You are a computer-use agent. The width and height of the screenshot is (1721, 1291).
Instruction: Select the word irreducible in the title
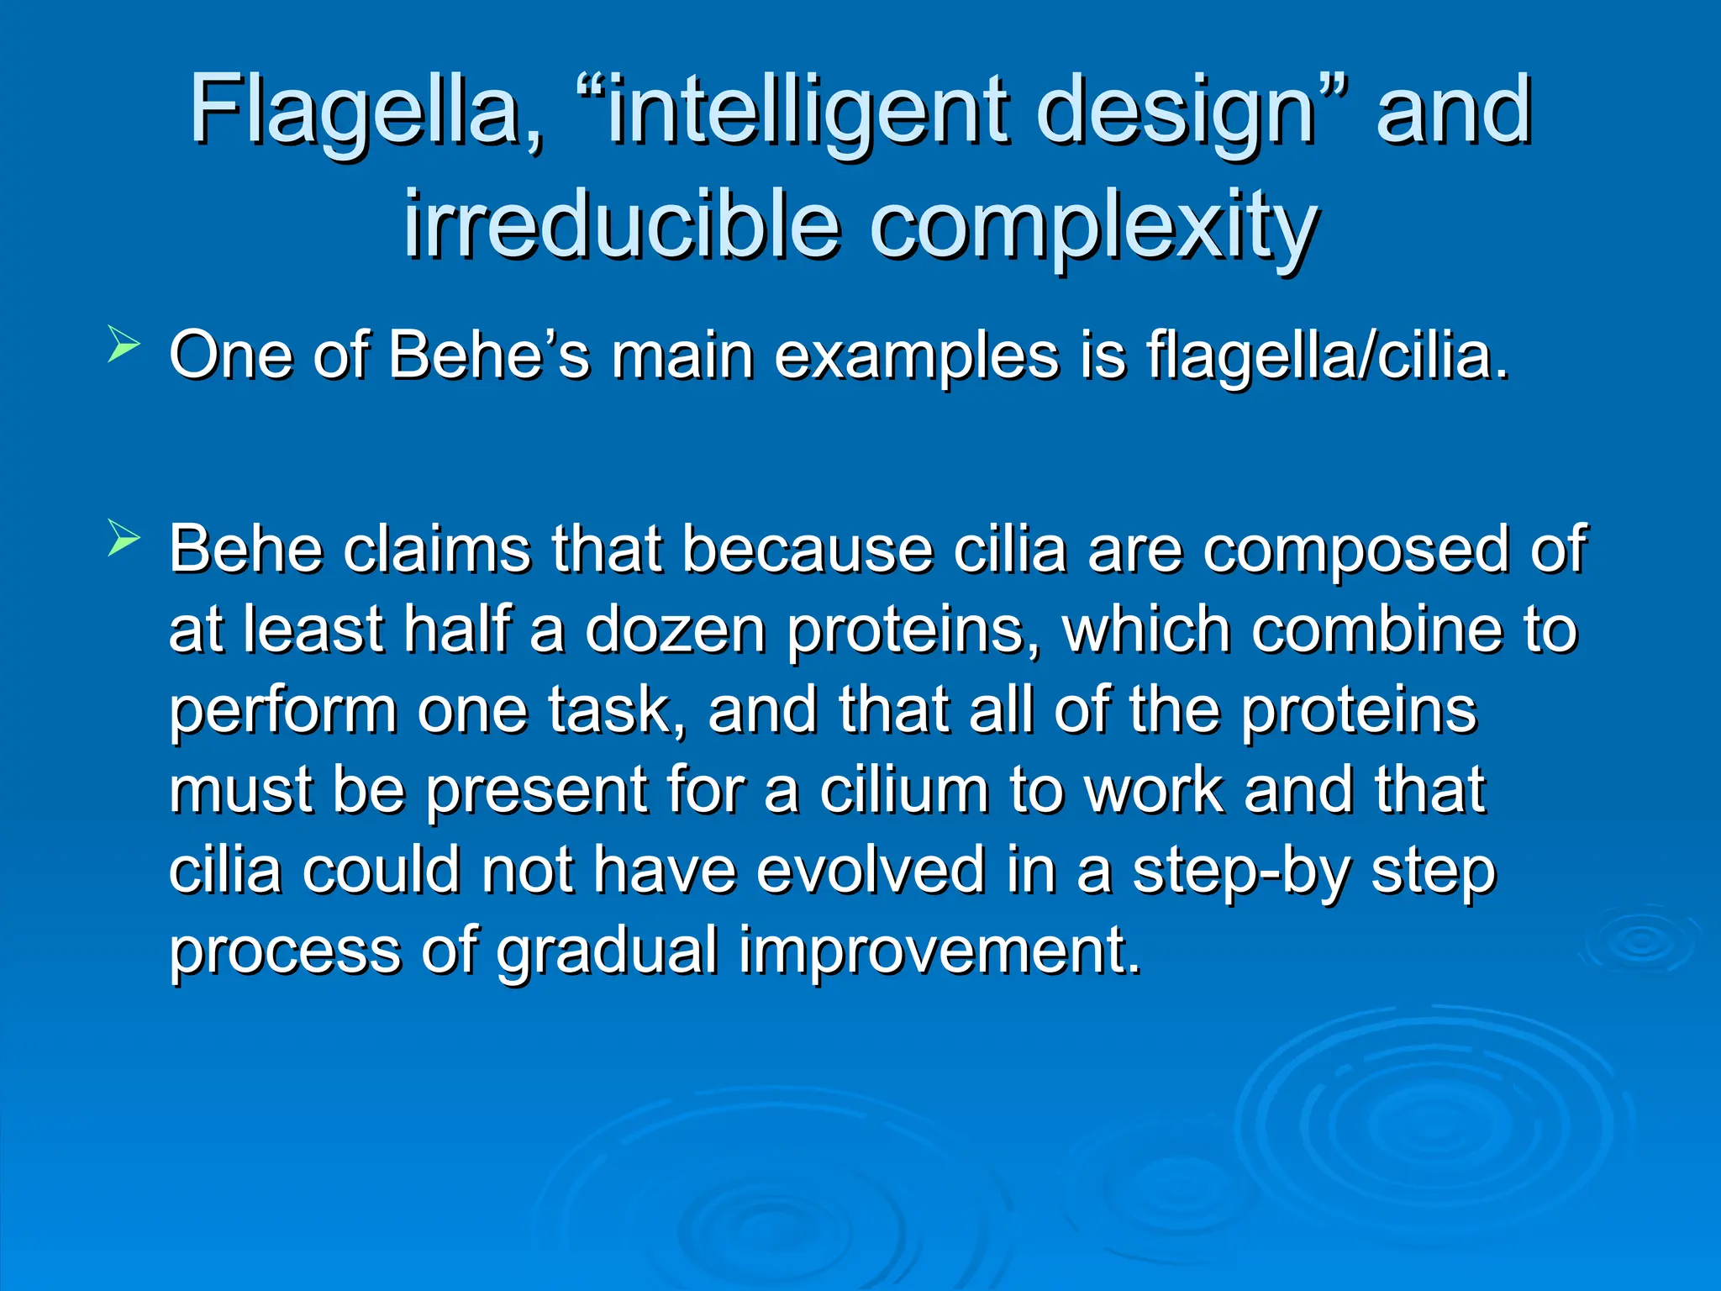pos(622,225)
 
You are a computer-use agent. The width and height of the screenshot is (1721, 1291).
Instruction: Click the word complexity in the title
pos(1092,225)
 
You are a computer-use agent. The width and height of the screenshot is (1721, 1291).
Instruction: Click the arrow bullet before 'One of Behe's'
pos(123,345)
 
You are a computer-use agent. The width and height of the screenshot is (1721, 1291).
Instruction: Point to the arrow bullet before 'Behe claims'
pos(123,539)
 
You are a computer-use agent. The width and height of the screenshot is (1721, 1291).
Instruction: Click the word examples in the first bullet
pos(916,356)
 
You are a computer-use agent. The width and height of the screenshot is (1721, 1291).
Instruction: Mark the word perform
pos(282,711)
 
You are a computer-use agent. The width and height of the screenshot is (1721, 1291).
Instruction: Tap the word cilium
pos(904,790)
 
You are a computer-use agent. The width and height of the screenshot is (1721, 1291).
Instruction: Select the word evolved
pos(871,870)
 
